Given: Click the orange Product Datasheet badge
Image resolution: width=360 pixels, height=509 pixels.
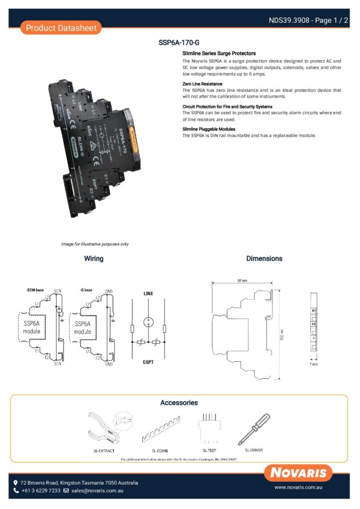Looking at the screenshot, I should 61,28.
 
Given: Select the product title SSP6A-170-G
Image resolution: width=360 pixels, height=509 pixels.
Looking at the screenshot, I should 179,43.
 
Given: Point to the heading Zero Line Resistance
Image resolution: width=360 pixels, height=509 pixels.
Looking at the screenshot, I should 202,84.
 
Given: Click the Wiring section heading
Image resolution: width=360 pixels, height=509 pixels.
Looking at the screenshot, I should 93,258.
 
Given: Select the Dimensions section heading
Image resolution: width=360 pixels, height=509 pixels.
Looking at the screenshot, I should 264,258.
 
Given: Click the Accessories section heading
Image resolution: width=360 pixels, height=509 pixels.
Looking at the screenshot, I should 179,403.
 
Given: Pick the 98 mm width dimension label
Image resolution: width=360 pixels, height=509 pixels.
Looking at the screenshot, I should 242,281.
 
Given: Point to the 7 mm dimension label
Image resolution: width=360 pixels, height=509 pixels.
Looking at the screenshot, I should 314,364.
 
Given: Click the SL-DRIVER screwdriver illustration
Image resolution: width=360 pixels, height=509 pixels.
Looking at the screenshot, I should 254,428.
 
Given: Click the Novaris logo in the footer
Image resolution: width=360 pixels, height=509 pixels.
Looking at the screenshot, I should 298,473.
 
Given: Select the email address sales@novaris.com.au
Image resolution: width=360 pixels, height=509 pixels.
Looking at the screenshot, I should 97,491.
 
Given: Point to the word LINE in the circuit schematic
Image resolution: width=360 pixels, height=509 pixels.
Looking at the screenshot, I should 148,294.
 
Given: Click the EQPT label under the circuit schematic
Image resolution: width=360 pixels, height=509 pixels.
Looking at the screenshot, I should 148,362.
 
